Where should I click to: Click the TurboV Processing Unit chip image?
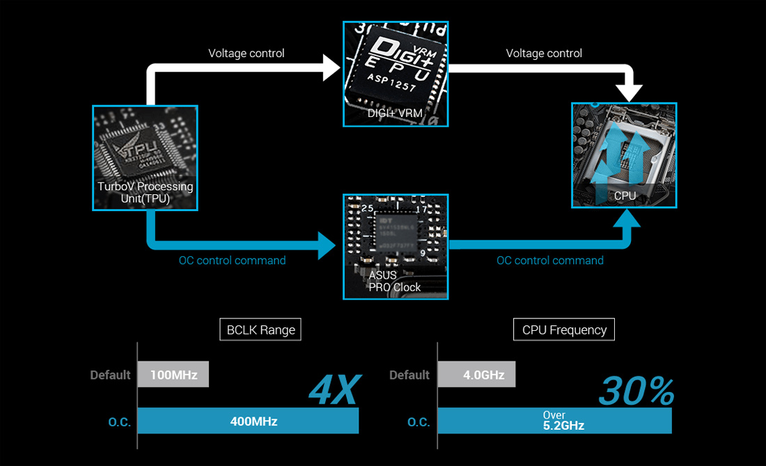(x=145, y=157)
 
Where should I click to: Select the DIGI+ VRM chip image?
(x=396, y=74)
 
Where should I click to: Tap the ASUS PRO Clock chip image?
(x=396, y=247)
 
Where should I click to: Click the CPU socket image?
(x=624, y=155)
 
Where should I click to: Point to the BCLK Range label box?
(x=261, y=329)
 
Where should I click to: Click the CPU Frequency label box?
(x=564, y=329)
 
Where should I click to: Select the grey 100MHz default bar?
(x=173, y=375)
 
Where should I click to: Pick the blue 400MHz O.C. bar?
(x=248, y=421)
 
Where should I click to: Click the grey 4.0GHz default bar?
(x=476, y=375)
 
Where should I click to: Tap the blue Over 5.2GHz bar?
(x=554, y=421)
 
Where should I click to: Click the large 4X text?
(x=334, y=390)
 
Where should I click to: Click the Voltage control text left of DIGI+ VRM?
(x=247, y=53)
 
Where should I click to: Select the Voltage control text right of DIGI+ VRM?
(x=544, y=53)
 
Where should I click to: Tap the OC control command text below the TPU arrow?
(x=232, y=261)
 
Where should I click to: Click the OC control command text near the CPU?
(x=550, y=261)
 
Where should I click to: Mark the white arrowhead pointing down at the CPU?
(x=632, y=92)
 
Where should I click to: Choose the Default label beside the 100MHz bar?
(x=110, y=375)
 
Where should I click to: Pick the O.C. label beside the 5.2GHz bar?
(x=419, y=421)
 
